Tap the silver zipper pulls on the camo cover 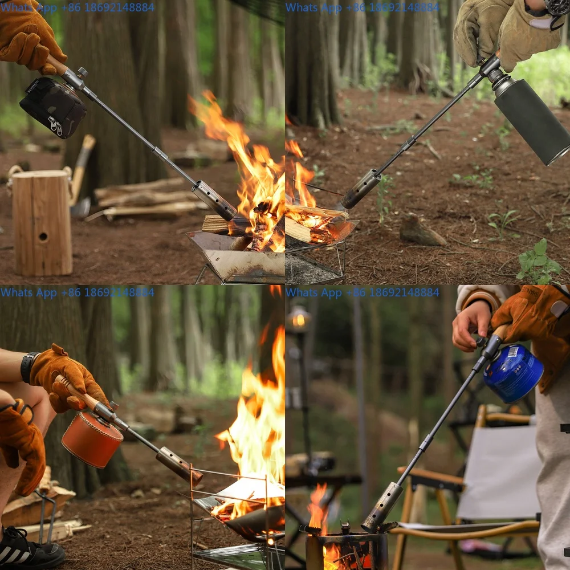point(56,126)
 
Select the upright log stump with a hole point(42,222)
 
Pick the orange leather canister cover point(91,439)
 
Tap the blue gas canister point(513,373)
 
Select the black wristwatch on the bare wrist point(27,368)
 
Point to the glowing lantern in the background point(299,319)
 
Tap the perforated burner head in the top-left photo point(214,200)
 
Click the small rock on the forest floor point(422,232)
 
